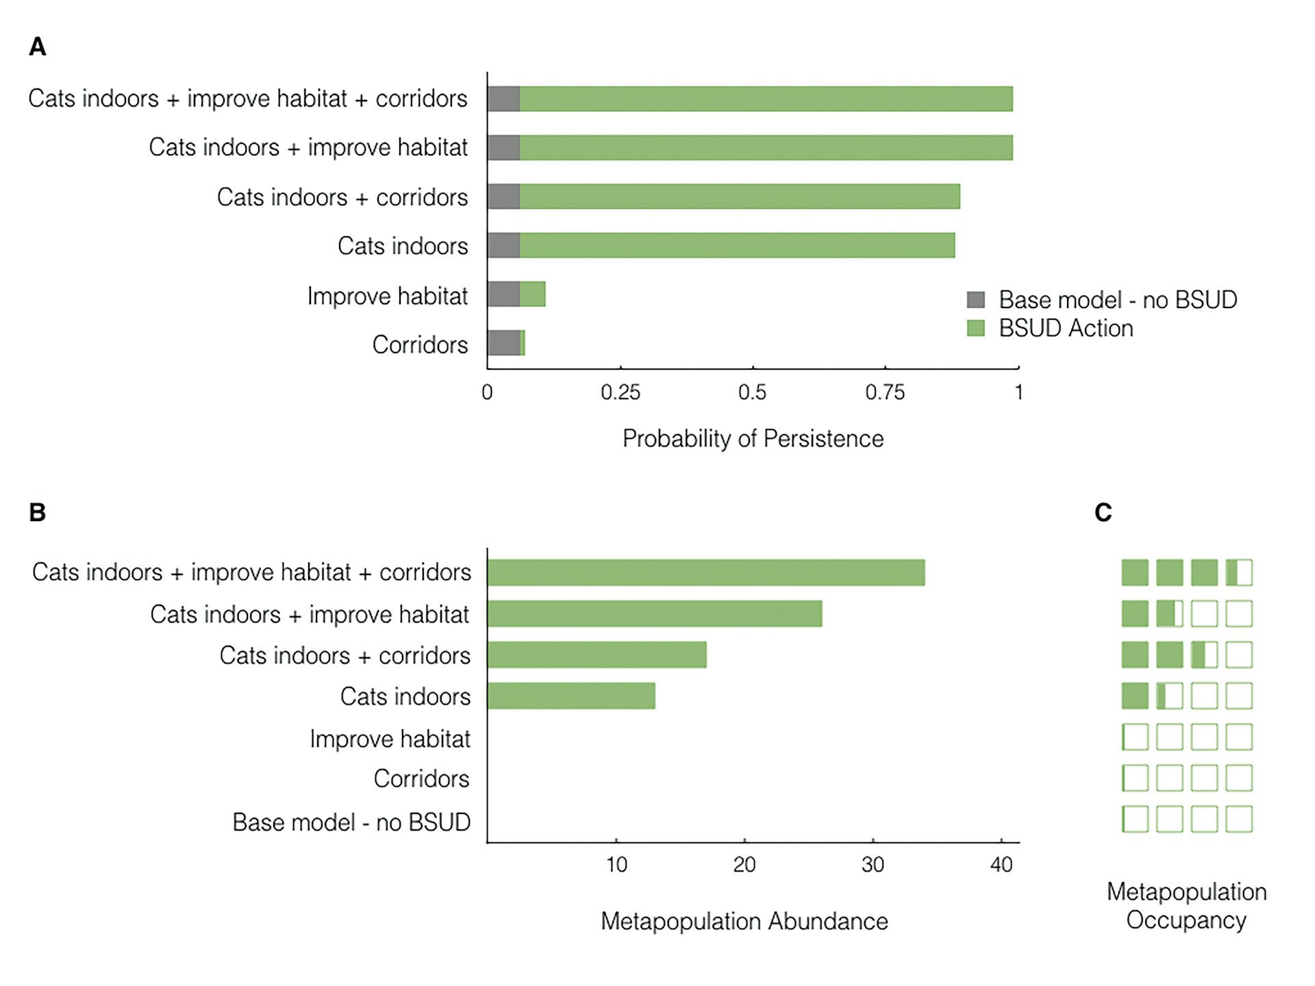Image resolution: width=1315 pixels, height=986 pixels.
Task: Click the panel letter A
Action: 38,47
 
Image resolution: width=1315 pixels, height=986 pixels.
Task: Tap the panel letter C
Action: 1103,512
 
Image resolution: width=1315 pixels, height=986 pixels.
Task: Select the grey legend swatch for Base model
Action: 975,300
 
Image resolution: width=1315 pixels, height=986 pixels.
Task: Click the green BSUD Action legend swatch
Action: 975,328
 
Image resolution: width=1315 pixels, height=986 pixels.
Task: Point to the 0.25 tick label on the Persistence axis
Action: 620,392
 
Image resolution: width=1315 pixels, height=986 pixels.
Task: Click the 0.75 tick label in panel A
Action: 884,392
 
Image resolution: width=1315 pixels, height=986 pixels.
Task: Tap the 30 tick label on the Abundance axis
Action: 873,865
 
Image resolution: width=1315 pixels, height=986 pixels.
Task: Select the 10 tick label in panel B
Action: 616,865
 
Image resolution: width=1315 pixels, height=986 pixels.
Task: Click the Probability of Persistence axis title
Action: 753,439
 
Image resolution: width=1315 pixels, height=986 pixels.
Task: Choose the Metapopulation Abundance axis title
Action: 744,922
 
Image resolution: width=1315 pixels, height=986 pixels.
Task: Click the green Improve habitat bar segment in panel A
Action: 533,294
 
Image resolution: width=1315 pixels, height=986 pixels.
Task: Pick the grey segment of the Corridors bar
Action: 503,343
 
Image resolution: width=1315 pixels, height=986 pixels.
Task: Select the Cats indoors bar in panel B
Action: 571,696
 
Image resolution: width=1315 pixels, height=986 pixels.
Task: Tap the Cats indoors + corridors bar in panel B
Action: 597,655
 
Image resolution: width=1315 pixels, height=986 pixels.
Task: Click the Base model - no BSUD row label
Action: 351,822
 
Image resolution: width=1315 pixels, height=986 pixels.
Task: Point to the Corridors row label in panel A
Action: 420,344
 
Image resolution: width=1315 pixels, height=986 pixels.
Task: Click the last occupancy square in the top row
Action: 1238,572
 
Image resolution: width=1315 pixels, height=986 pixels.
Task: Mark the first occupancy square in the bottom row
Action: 1135,819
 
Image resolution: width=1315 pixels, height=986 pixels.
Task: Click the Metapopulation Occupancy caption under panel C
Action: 1186,906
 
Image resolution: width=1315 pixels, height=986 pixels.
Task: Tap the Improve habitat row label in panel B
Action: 390,739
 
